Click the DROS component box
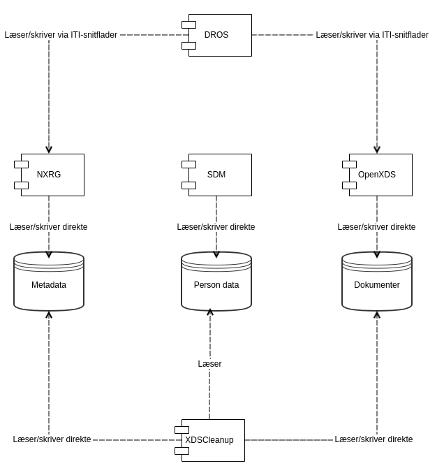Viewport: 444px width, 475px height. click(x=219, y=35)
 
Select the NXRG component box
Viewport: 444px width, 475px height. click(x=52, y=175)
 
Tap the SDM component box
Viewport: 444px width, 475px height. click(x=219, y=175)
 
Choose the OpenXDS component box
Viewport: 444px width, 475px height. click(x=380, y=175)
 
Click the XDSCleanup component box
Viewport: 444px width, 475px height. click(x=212, y=440)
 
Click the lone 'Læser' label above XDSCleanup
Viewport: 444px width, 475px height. click(x=209, y=364)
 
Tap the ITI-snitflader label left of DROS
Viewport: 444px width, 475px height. click(x=61, y=35)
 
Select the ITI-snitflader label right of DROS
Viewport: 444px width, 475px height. click(x=372, y=35)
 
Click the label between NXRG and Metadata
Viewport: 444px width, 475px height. click(x=49, y=227)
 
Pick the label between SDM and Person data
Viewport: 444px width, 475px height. click(x=216, y=227)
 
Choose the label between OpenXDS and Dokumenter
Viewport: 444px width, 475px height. click(x=377, y=227)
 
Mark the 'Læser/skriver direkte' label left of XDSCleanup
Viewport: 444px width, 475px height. click(x=52, y=439)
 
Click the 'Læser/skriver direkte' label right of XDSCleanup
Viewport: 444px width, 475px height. click(x=373, y=439)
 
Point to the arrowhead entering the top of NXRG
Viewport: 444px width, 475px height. click(x=49, y=149)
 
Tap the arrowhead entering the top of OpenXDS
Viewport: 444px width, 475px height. click(x=377, y=149)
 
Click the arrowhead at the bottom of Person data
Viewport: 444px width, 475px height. click(x=209, y=312)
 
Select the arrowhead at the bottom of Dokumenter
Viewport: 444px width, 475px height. click(x=377, y=315)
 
